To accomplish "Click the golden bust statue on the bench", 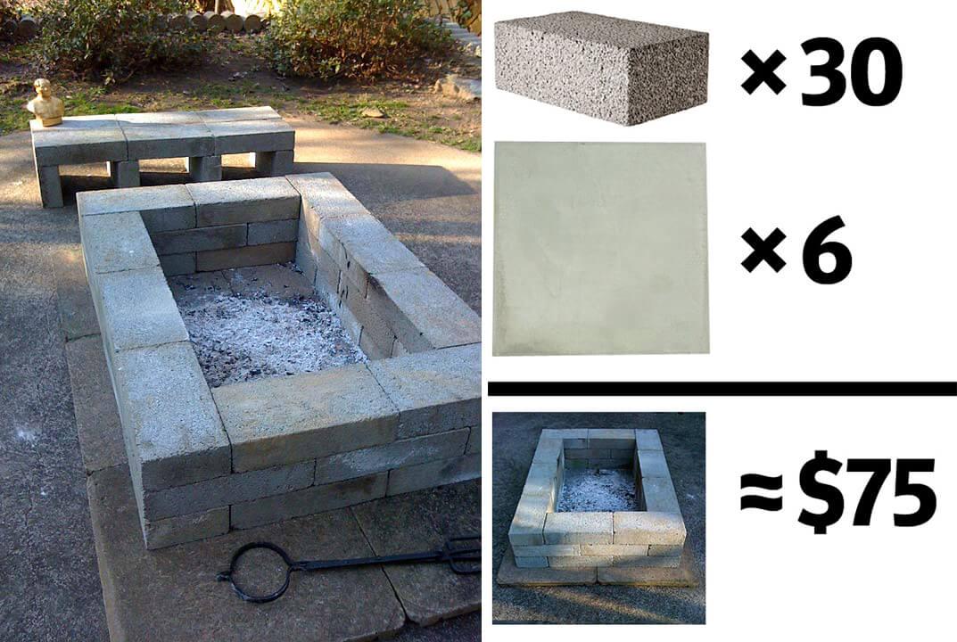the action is pos(45,103).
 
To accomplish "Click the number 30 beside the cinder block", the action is pos(851,72).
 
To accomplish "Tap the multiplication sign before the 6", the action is pos(763,251).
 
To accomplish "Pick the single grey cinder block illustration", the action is pos(601,67).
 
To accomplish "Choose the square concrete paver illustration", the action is pos(601,249).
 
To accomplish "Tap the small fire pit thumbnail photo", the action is pos(598,518).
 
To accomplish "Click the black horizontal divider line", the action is pos(722,388).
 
